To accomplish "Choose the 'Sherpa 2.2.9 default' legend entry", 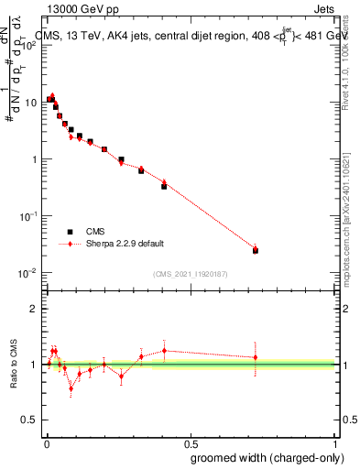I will pos(125,244).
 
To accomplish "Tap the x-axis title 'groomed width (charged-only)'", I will pos(263,457).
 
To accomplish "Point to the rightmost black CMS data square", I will pos(256,250).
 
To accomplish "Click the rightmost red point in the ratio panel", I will pos(256,357).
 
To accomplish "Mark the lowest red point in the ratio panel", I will pos(71,388).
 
